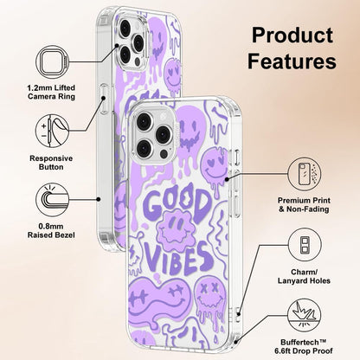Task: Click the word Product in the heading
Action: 292,35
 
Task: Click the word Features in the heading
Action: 292,61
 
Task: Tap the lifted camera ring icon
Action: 52,61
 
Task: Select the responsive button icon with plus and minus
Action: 52,131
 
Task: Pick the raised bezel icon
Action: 52,200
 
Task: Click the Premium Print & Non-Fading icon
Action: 305,174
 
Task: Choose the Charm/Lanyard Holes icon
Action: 305,245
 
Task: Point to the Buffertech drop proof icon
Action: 305,315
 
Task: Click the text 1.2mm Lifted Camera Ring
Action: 51,92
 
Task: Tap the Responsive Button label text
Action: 51,163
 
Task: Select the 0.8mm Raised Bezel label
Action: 51,231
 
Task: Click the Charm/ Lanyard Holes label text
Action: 304,276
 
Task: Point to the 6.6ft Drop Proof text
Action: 304,351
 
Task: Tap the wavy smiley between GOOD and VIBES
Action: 176,228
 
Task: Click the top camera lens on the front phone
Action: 145,121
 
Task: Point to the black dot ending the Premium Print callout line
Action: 227,179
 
